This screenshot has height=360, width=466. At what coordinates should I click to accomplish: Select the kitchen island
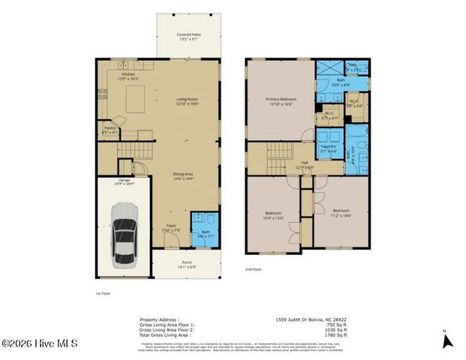[136, 98]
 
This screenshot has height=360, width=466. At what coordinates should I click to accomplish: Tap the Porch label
[186, 264]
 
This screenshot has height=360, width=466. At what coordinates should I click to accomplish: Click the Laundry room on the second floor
[328, 148]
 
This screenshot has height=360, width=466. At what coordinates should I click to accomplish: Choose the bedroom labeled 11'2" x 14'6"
[341, 213]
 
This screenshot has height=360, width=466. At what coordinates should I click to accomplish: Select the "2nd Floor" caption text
[254, 269]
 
